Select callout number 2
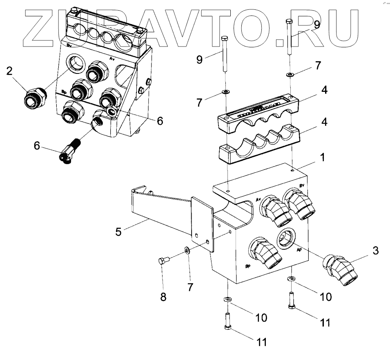coord(9,71)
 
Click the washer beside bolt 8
coord(186,250)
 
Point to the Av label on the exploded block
coord(259,199)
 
